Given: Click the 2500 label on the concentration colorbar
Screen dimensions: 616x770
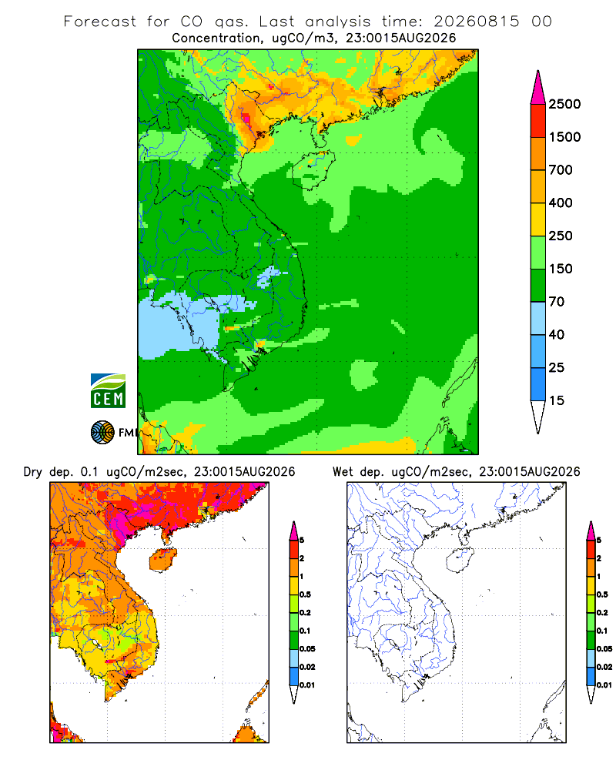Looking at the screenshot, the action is tap(564, 104).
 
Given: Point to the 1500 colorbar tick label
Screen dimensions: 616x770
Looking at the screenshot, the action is tap(564, 137).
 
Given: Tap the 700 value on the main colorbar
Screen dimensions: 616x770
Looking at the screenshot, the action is tap(561, 170).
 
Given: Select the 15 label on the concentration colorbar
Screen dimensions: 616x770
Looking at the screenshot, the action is tap(557, 400).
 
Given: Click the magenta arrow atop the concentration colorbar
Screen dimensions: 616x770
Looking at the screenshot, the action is tap(538, 88).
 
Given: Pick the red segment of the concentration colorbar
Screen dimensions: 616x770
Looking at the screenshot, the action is tap(538, 121).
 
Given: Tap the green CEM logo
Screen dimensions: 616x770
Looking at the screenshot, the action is tap(108, 391).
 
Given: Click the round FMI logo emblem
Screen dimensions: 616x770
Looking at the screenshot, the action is tap(102, 433).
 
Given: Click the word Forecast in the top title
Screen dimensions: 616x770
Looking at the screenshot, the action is tap(100, 22).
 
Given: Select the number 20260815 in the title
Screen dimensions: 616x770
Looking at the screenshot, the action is tap(477, 22).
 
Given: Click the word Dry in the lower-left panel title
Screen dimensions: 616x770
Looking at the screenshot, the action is tap(33, 472).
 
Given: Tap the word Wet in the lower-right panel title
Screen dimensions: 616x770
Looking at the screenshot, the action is tap(343, 472).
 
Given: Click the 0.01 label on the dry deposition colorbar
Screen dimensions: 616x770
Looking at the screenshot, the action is tap(307, 685).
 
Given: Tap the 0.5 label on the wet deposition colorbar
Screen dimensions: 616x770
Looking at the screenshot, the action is tap(602, 594).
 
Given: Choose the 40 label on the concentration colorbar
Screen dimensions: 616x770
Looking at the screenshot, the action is tap(557, 335).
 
